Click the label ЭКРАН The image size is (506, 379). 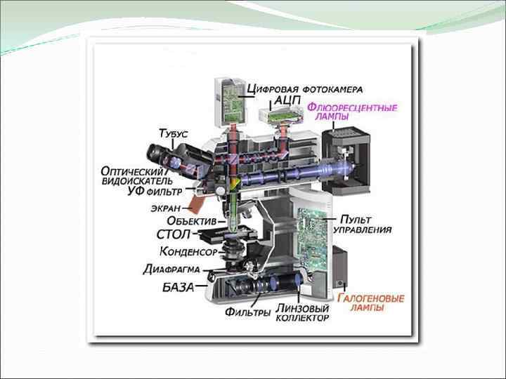coord(165,208)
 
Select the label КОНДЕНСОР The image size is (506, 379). coord(187,251)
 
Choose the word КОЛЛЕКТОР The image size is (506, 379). coord(301,318)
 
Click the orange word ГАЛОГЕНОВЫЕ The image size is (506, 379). coord(370,298)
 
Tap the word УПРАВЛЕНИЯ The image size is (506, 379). coord(361,230)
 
